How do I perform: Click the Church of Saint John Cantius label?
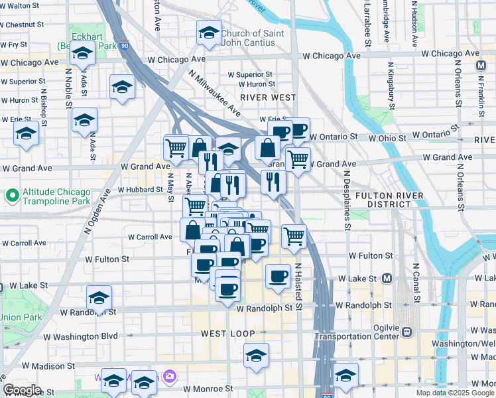coord(253,38)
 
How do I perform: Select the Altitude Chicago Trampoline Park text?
coord(56,196)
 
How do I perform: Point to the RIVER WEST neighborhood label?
coord(268,97)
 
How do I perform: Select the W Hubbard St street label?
coord(141,190)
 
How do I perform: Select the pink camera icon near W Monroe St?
coord(170,376)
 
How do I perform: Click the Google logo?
coord(23,390)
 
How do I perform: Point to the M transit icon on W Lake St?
coord(387,278)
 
